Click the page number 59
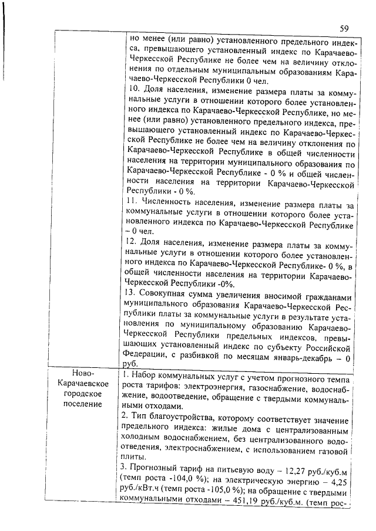click(x=344, y=28)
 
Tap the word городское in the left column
click(x=87, y=394)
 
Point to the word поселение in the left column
click(x=87, y=404)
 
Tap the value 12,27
click(x=299, y=467)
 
